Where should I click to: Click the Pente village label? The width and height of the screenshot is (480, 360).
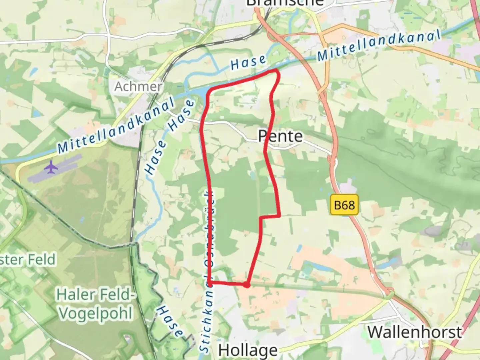click(280, 136)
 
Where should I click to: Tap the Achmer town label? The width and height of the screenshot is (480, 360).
click(138, 87)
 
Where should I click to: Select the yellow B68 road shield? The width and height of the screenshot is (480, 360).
click(344, 205)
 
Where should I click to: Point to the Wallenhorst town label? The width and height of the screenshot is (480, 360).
click(415, 332)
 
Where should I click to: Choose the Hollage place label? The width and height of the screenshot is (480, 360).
click(248, 350)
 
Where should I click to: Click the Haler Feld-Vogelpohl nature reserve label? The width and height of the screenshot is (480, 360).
click(95, 304)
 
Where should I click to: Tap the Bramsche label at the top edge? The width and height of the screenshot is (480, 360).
click(285, 3)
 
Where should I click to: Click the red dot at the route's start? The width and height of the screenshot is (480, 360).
click(246, 285)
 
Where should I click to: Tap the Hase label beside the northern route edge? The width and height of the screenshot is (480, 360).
click(248, 62)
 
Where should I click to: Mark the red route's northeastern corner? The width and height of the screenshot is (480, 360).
click(277, 71)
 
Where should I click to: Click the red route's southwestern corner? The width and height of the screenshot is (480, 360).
click(209, 282)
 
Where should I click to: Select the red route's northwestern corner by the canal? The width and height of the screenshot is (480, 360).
click(209, 91)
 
